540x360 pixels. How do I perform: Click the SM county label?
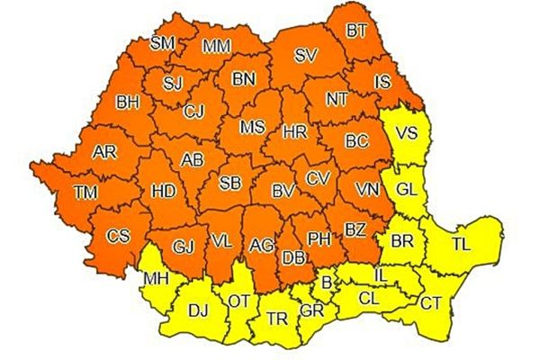click(x=163, y=42)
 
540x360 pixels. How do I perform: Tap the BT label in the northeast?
click(x=357, y=31)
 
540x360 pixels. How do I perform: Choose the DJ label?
click(x=198, y=311)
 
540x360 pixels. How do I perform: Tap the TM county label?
click(x=86, y=191)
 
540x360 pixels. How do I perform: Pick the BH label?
click(x=129, y=102)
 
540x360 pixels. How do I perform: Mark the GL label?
click(x=407, y=189)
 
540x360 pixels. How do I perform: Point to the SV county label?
click(x=306, y=56)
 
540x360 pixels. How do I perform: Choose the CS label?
click(x=118, y=236)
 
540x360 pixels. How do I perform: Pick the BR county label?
click(x=400, y=241)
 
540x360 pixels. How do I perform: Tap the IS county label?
click(x=382, y=82)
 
